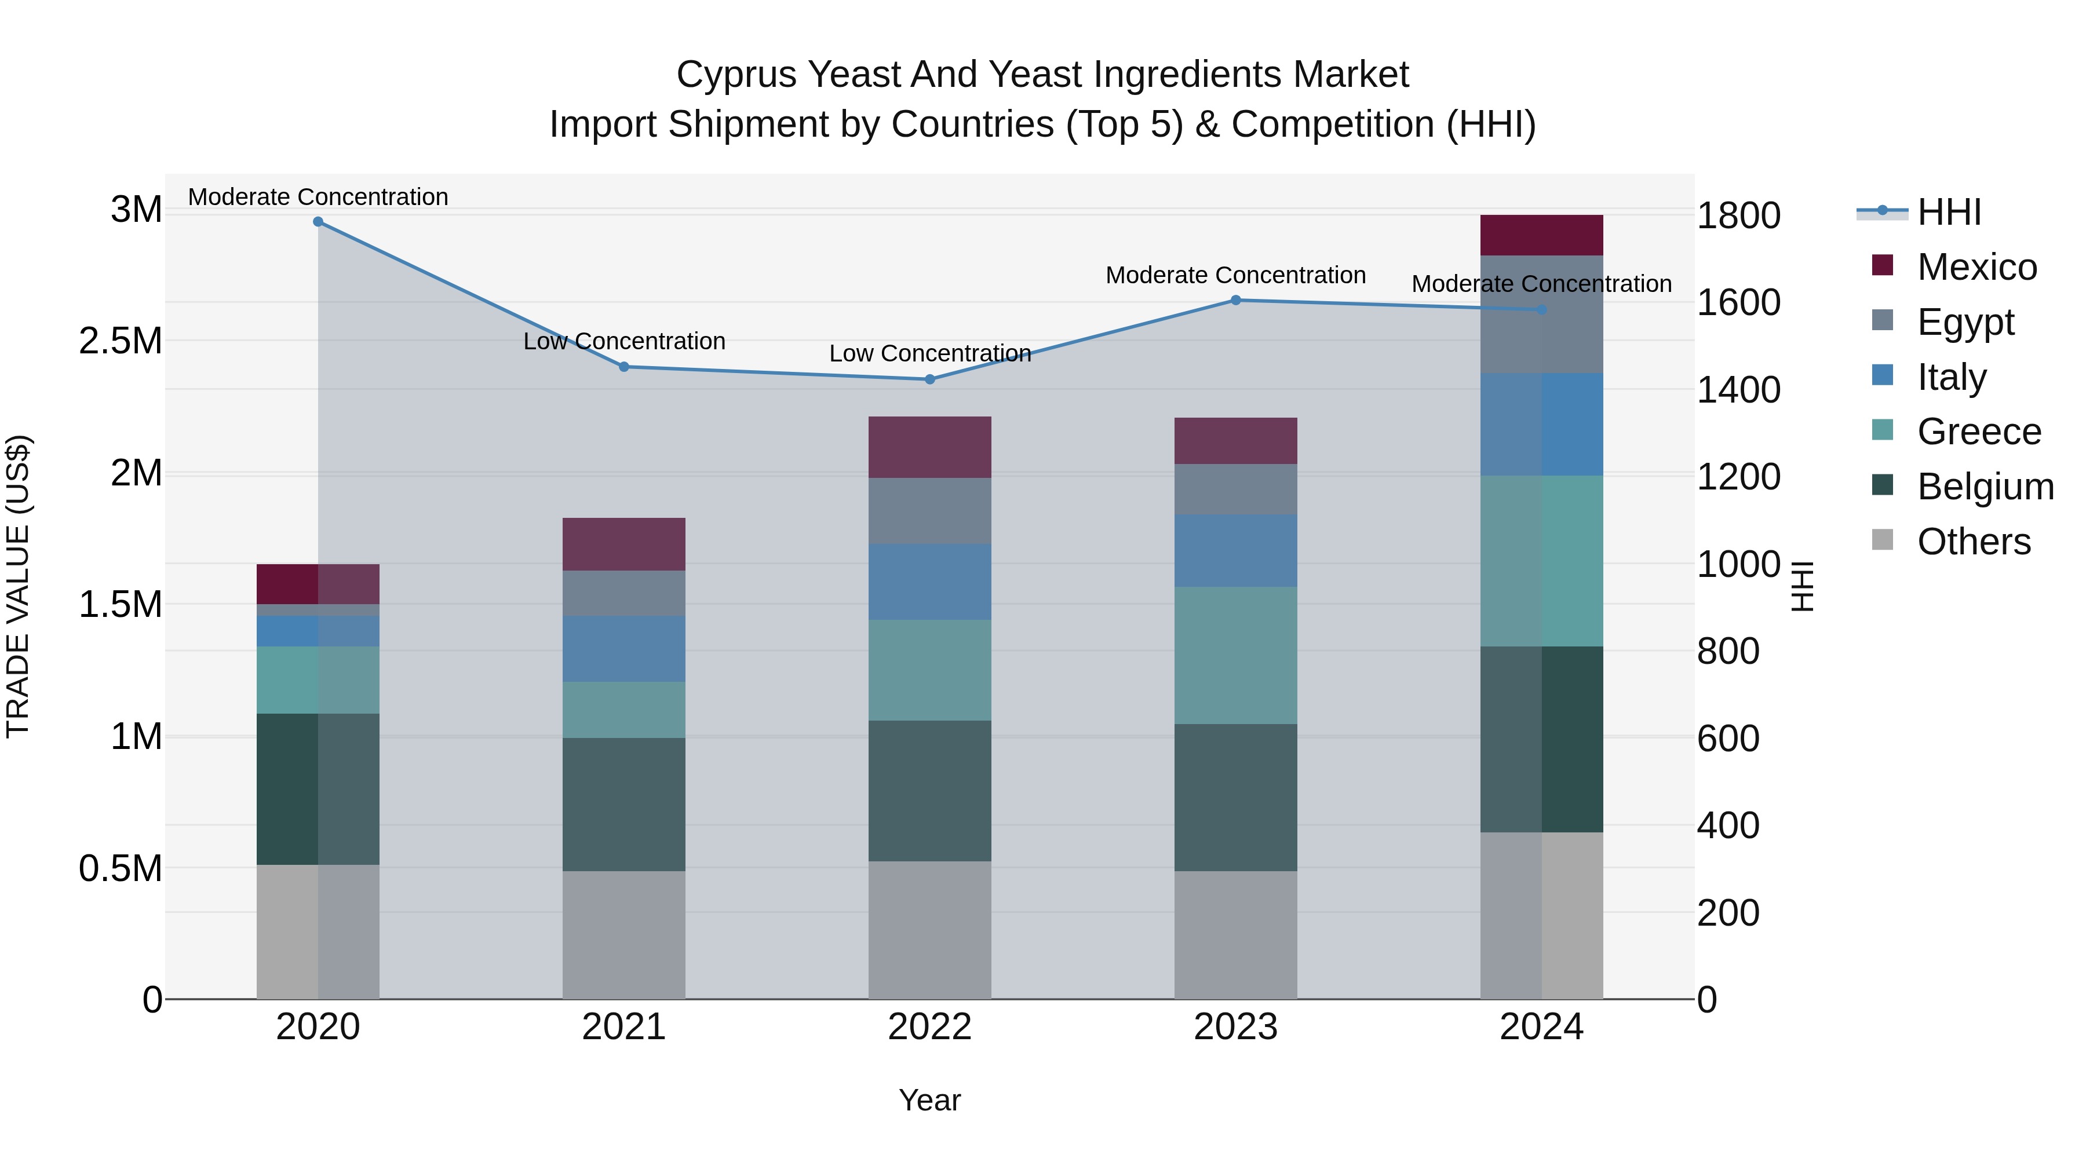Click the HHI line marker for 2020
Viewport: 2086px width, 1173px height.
[x=318, y=222]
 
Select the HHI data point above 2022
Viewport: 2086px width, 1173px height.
[x=929, y=379]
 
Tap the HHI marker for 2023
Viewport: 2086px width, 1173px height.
[x=1236, y=300]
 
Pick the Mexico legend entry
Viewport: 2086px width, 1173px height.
[x=1976, y=267]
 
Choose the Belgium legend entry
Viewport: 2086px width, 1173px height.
[x=1985, y=487]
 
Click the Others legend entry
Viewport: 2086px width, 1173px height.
[x=1974, y=542]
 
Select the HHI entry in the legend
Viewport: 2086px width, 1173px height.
[x=1948, y=212]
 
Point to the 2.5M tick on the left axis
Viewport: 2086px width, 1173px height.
[x=121, y=341]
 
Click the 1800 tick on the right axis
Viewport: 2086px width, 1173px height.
[x=1738, y=216]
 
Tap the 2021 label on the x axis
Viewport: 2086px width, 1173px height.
[x=623, y=1027]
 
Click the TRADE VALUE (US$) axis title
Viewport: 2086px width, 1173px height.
[x=19, y=586]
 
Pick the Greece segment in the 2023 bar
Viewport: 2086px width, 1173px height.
[x=1236, y=655]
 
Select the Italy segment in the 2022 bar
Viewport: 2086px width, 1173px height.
[x=929, y=582]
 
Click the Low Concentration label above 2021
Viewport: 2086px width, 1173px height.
[x=623, y=342]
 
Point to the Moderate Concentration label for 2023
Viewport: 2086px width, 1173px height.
[x=1236, y=275]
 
